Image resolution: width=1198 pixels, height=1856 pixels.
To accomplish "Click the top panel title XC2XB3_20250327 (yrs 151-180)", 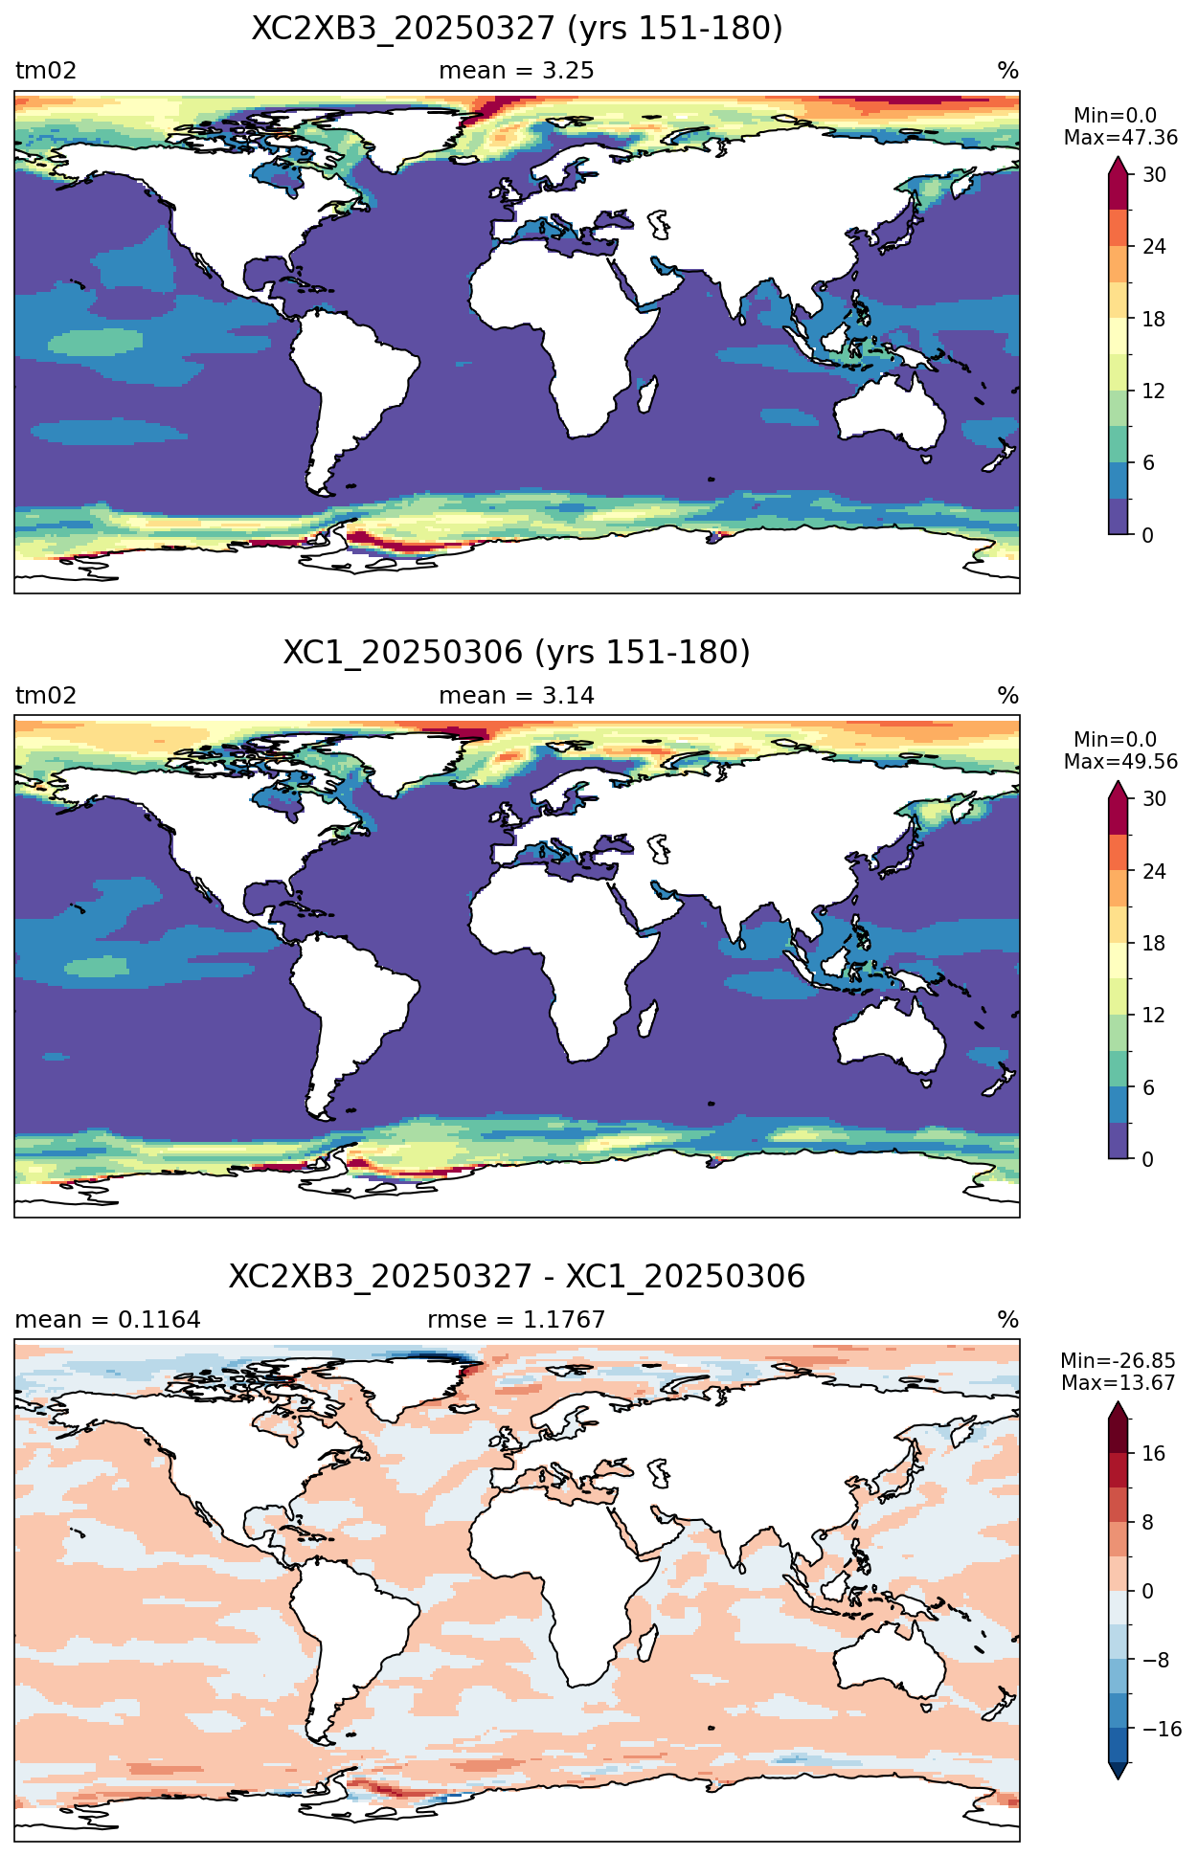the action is (x=517, y=29).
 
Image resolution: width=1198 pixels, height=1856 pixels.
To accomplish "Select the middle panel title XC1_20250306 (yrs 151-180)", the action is (x=517, y=653).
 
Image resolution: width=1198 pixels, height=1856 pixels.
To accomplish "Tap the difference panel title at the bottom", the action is (x=517, y=1277).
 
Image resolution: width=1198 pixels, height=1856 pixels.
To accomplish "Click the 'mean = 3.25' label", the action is (x=516, y=71).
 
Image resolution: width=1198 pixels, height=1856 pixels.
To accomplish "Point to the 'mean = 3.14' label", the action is (x=516, y=696).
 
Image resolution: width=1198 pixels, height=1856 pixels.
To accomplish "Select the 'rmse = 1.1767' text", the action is (x=516, y=1320).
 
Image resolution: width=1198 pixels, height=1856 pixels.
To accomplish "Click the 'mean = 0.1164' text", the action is (x=108, y=1320).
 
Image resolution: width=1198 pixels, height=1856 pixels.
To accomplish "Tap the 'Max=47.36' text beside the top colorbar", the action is (x=1120, y=138).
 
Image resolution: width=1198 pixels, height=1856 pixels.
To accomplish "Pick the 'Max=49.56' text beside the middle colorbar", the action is (x=1120, y=762).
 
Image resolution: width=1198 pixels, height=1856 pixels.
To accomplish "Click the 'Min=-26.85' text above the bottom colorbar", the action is (x=1118, y=1361).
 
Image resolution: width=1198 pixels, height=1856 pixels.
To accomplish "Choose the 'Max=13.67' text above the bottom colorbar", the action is (x=1118, y=1383).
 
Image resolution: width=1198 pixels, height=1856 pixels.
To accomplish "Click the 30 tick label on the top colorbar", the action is (x=1154, y=174).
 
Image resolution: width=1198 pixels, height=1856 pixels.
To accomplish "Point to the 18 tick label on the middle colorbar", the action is (x=1154, y=943).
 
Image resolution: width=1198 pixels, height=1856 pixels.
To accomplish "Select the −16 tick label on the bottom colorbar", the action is (x=1162, y=1730).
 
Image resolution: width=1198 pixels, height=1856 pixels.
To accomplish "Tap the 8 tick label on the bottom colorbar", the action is (x=1148, y=1523).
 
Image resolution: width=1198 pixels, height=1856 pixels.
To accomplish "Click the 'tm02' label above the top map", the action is (x=46, y=71).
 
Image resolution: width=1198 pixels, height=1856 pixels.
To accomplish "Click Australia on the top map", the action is (x=889, y=412).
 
